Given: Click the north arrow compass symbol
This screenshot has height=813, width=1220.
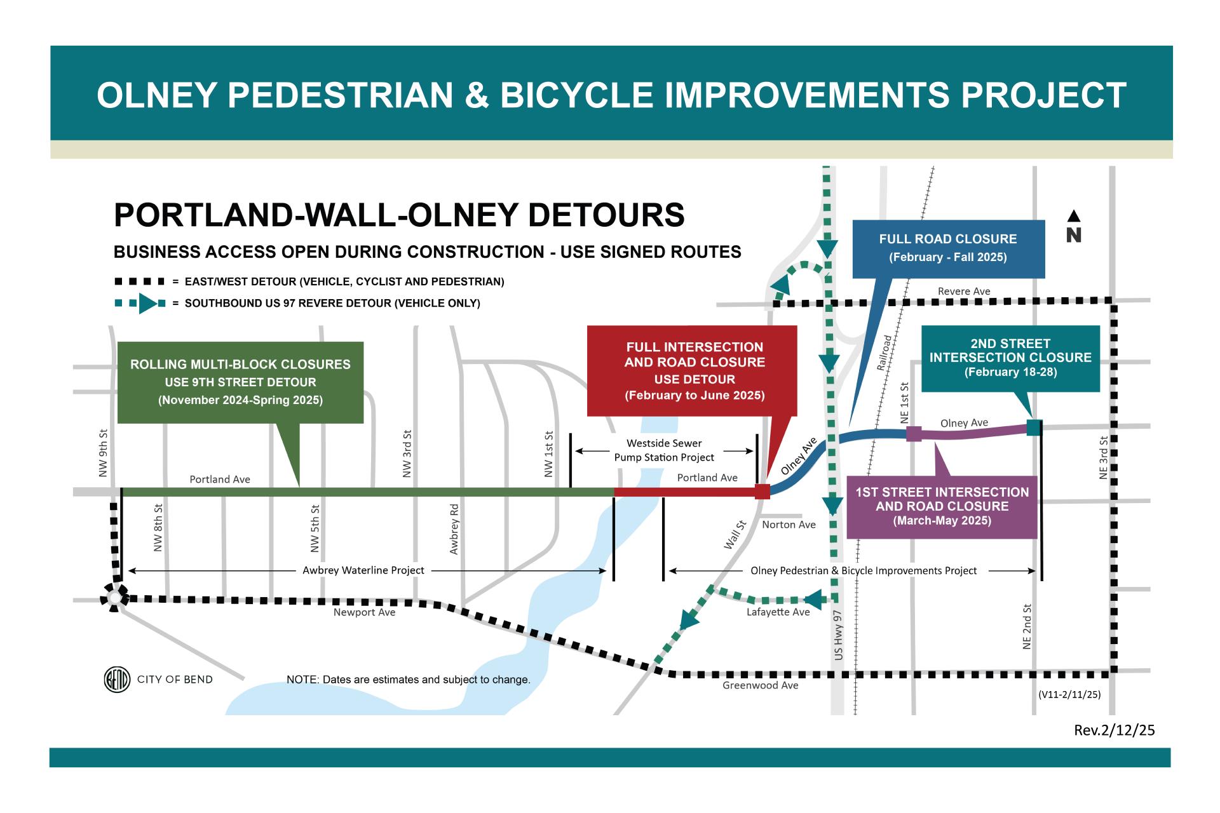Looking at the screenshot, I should point(1073,226).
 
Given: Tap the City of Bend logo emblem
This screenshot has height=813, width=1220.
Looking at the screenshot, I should point(117,680).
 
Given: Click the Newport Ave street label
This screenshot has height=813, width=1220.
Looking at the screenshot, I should point(364,612).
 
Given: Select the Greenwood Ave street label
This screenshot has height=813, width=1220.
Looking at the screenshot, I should point(760,685).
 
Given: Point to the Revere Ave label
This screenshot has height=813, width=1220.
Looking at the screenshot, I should point(963,291).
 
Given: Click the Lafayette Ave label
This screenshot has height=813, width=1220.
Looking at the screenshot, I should point(778,612).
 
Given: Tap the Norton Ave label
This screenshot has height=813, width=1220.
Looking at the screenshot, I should point(789,524).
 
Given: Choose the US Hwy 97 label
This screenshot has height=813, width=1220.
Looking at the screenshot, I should point(838,635).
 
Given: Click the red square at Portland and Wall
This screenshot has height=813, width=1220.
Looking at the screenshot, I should point(762,491).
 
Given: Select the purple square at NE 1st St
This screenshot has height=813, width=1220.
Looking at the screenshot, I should point(914,434).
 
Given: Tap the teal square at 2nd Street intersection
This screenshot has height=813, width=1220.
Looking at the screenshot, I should point(1034,427).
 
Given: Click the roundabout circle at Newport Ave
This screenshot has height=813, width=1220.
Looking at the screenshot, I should point(114,598).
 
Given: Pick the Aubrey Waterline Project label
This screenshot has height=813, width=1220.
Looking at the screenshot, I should point(363,570).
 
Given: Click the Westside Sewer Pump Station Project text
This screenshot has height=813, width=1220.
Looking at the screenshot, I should point(664,450).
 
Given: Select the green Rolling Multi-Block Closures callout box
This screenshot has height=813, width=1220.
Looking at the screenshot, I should point(240,382).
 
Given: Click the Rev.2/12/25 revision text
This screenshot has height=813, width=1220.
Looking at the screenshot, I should point(1114,730).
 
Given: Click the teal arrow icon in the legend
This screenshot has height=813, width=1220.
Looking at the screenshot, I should point(147,304).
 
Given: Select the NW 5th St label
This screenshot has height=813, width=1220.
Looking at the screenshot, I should point(315,528).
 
